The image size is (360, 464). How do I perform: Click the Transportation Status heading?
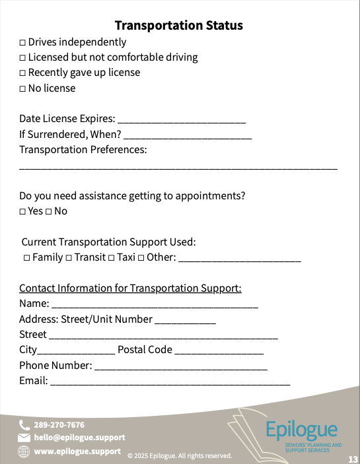[179, 26]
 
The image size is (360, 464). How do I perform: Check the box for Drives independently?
[22, 43]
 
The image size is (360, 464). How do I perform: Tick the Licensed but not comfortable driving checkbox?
[22, 58]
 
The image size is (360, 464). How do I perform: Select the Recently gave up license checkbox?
[22, 73]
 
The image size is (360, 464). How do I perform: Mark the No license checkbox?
[22, 89]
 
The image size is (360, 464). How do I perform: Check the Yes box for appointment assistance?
[22, 212]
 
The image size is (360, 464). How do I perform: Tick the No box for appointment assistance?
[49, 212]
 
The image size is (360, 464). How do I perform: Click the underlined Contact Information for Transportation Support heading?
[130, 288]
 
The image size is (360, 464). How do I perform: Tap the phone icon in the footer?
[24, 425]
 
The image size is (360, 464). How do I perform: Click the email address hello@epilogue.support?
[79, 438]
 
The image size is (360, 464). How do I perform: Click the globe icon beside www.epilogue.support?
[24, 451]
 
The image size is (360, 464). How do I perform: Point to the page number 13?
[353, 459]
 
